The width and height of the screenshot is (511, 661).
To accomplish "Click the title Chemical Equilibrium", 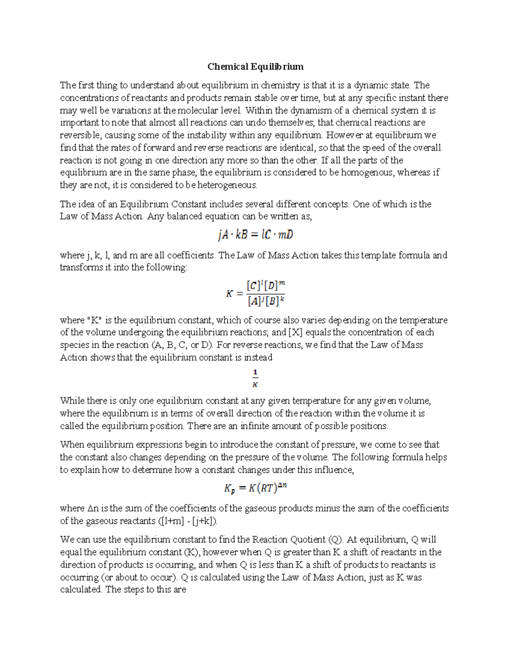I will click(255, 66).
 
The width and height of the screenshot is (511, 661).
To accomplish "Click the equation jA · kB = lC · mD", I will click(255, 235).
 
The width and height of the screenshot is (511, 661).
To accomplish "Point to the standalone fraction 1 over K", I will click(255, 378).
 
